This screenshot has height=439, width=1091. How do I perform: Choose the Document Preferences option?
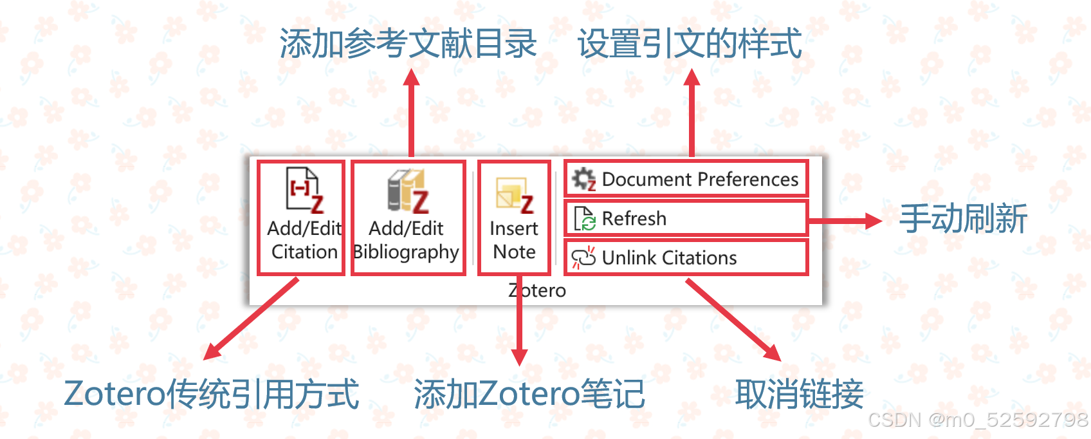pyautogui.click(x=686, y=179)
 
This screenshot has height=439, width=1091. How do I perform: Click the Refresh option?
pyautogui.click(x=686, y=219)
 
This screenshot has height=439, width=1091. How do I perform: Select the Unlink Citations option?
pyautogui.click(x=686, y=257)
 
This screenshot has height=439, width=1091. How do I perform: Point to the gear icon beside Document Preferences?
pyautogui.click(x=583, y=179)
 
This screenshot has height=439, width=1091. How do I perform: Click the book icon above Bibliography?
pyautogui.click(x=407, y=191)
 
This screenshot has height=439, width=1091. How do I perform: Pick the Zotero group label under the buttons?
pyautogui.click(x=537, y=290)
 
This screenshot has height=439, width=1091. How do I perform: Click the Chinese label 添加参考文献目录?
pyautogui.click(x=408, y=44)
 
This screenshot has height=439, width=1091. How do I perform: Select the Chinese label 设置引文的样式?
pyautogui.click(x=690, y=44)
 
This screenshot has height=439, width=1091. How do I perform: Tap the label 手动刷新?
pyautogui.click(x=963, y=219)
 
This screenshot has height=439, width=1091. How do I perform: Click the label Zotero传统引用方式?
pyautogui.click(x=212, y=394)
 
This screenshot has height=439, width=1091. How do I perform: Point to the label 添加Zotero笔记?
pyautogui.click(x=529, y=394)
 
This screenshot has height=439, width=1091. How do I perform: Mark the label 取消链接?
pyautogui.click(x=799, y=394)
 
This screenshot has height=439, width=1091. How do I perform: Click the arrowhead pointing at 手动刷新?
pyautogui.click(x=874, y=221)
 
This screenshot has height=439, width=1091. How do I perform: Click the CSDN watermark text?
pyautogui.click(x=978, y=420)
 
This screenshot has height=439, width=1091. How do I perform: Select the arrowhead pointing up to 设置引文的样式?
pyautogui.click(x=692, y=77)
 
